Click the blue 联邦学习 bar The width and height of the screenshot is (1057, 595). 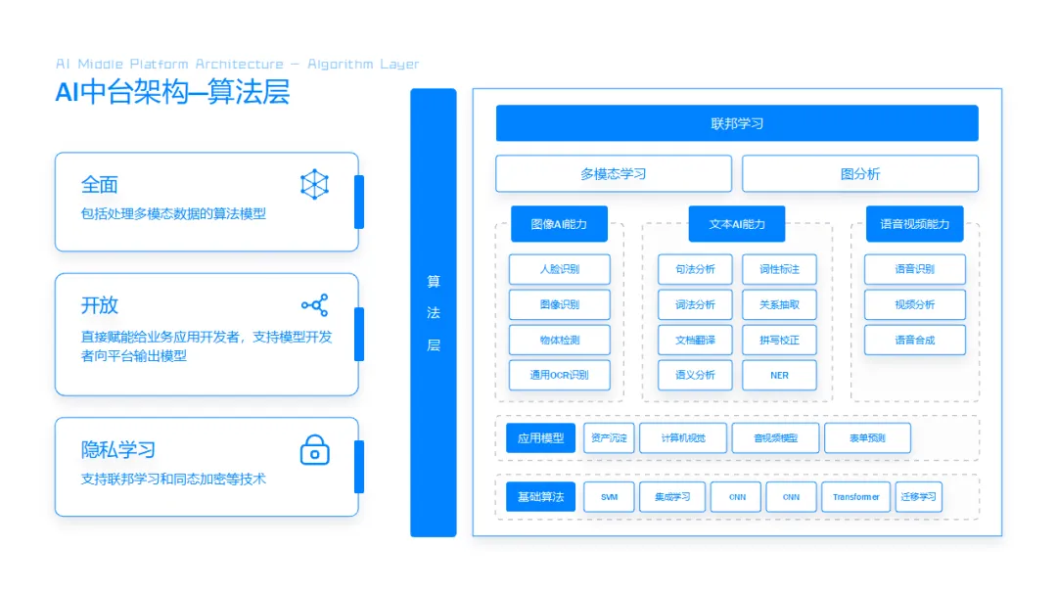point(736,123)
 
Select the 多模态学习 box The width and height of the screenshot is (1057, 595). point(613,174)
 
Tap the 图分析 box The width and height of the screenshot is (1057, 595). point(859,174)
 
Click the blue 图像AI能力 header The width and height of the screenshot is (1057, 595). point(559,224)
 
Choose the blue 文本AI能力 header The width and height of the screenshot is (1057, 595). point(737,224)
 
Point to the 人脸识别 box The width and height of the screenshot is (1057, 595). point(559,269)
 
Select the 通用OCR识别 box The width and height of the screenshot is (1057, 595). point(559,375)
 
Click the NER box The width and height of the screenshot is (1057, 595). point(779,375)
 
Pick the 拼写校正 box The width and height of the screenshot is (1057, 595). point(779,340)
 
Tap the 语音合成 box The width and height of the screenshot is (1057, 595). point(914,340)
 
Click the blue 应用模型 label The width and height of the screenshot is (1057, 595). point(540,438)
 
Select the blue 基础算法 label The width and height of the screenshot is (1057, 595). point(540,497)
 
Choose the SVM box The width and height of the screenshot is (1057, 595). point(609,497)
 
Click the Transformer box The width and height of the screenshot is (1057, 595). point(856,497)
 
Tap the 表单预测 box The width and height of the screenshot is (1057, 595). point(867,438)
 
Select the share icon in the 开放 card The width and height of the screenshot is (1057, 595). point(314,305)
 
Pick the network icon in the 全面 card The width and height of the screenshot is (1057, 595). point(314,185)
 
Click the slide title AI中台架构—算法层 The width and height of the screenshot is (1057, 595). point(172,93)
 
